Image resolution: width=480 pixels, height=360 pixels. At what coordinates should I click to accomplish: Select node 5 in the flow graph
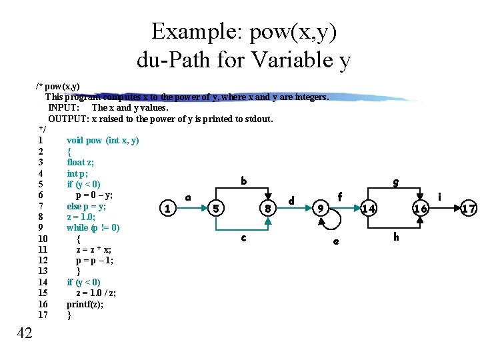[x=215, y=209]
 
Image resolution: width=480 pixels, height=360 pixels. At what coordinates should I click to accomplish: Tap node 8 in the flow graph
[x=267, y=209]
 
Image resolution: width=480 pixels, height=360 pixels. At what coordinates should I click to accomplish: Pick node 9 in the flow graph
[x=321, y=209]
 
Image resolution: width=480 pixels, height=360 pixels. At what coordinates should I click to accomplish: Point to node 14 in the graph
[x=369, y=209]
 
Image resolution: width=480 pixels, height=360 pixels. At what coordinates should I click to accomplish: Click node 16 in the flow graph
[x=420, y=209]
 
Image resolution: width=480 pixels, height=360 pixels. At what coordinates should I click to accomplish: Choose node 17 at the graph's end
[x=469, y=209]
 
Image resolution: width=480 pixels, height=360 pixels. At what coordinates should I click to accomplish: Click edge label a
[x=188, y=197]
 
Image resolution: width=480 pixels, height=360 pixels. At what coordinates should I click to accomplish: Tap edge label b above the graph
[x=244, y=180]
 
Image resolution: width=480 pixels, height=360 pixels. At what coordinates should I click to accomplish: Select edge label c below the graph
[x=243, y=237]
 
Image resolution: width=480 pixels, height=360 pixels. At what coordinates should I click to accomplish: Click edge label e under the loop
[x=335, y=241]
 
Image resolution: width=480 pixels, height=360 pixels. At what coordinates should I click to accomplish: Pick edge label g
[x=396, y=181]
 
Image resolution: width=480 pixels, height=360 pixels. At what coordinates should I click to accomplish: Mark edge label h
[x=396, y=237]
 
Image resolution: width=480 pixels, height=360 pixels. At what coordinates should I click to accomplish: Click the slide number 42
[x=24, y=333]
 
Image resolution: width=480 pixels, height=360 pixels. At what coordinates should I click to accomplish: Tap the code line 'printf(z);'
[x=85, y=304]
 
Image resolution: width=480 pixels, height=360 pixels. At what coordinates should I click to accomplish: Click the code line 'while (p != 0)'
[x=93, y=227]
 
